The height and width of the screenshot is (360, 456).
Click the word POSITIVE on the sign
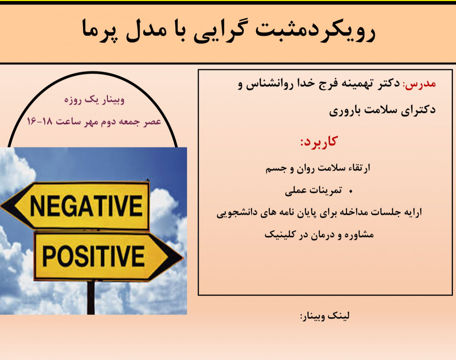pyautogui.click(x=93, y=256)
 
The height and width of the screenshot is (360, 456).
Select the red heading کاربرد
pyautogui.click(x=318, y=142)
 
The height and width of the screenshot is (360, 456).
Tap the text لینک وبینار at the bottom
pyautogui.click(x=325, y=316)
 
